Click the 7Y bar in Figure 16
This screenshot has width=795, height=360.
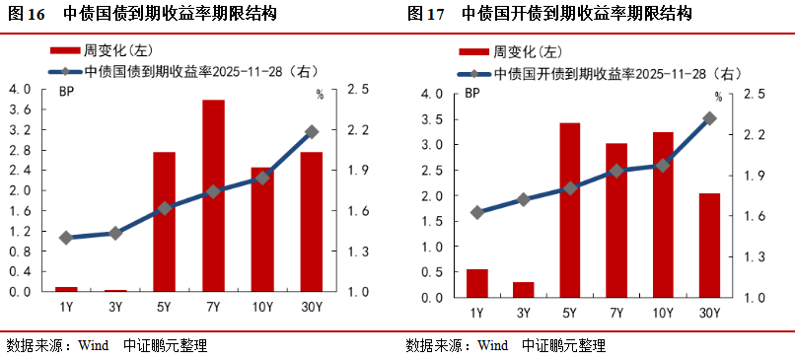click(x=213, y=196)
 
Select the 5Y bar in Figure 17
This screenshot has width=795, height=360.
click(x=569, y=210)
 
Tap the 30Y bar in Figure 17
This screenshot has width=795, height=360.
click(x=708, y=246)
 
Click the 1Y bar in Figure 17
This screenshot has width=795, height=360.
click(x=477, y=283)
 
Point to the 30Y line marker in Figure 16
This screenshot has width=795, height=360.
click(x=311, y=131)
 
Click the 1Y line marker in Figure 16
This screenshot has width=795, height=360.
click(x=66, y=238)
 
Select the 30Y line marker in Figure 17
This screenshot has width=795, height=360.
click(x=708, y=118)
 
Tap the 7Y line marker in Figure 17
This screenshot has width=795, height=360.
click(x=615, y=171)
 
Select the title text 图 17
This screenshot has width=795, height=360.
click(x=425, y=14)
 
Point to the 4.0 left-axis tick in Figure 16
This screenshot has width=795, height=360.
click(x=20, y=90)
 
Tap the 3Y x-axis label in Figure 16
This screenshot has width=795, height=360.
click(x=114, y=307)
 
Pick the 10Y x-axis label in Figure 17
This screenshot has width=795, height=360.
click(x=662, y=313)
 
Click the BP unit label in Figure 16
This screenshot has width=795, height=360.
click(x=67, y=93)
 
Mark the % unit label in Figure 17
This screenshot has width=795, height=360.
click(x=718, y=97)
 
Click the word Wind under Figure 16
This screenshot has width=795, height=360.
click(x=93, y=345)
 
